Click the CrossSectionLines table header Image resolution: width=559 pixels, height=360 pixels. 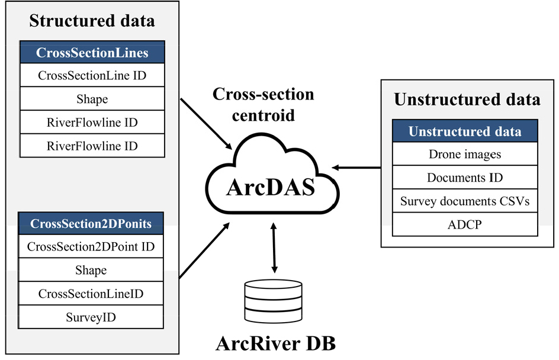tap(92, 53)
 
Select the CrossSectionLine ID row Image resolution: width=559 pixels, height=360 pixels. tap(92, 76)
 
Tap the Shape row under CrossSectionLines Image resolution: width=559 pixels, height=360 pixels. tap(92, 99)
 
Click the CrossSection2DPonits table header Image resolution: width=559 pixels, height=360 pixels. tap(91, 223)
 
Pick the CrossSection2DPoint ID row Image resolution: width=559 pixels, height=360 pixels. tap(91, 246)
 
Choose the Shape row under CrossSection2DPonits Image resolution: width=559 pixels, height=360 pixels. tap(91, 270)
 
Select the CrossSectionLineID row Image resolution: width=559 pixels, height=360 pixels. tap(91, 294)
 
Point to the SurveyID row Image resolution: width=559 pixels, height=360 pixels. tap(91, 317)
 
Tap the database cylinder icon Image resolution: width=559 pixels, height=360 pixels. tap(273, 302)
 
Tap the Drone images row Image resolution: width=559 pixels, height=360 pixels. tap(465, 154)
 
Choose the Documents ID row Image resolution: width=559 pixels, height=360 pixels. tap(465, 178)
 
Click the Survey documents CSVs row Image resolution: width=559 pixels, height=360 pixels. tap(465, 201)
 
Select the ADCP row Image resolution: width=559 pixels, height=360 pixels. tap(465, 224)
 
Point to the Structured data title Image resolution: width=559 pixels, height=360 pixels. tap(92, 21)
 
